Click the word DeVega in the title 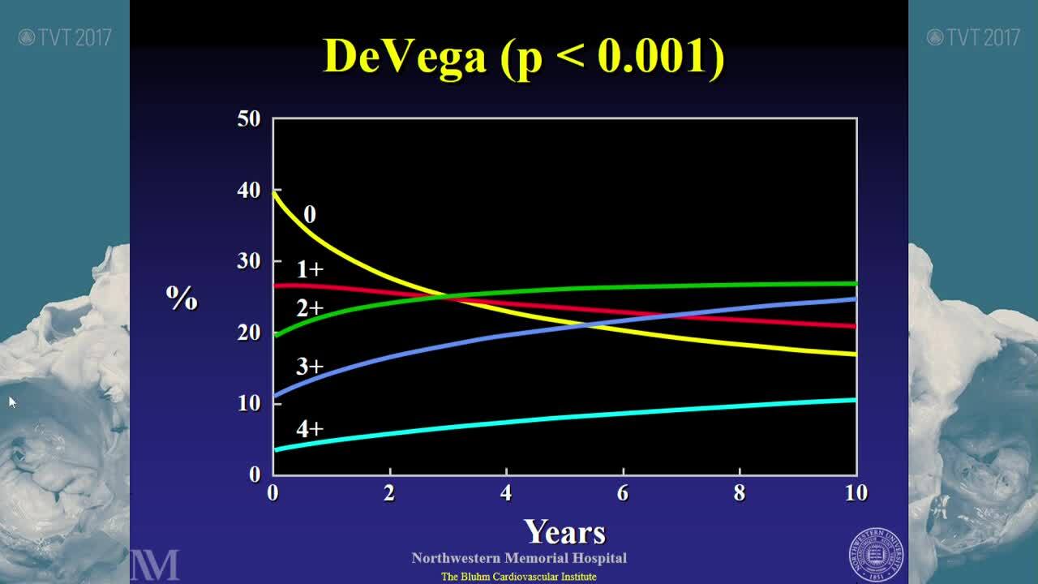click(x=405, y=56)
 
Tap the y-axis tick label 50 click(x=249, y=119)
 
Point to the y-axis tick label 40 click(x=249, y=191)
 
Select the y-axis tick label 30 click(x=249, y=261)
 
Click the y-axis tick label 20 click(x=249, y=333)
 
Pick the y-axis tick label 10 click(x=249, y=403)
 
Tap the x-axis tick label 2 click(x=389, y=493)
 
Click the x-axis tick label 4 click(x=506, y=493)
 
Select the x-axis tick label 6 click(x=623, y=493)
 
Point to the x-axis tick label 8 click(x=740, y=493)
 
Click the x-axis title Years click(x=564, y=532)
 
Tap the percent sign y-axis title click(x=182, y=299)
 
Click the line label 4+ click(x=310, y=428)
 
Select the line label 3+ click(x=310, y=367)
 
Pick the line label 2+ click(x=310, y=308)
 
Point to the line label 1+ click(x=310, y=269)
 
